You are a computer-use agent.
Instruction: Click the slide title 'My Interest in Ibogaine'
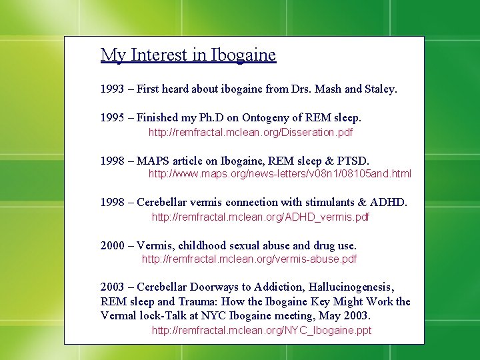188,55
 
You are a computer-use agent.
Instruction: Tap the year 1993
112,89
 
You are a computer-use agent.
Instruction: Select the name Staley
381,89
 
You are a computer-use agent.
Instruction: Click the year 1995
112,118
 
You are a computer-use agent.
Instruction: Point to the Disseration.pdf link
250,133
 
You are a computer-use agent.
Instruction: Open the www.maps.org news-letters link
279,174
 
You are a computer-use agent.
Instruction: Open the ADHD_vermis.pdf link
260,217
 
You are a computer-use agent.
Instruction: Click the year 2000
112,245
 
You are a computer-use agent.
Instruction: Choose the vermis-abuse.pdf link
249,259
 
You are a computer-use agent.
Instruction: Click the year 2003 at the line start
112,287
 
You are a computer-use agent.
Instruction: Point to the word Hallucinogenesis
351,287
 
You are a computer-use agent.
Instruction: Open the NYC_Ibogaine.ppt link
261,330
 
